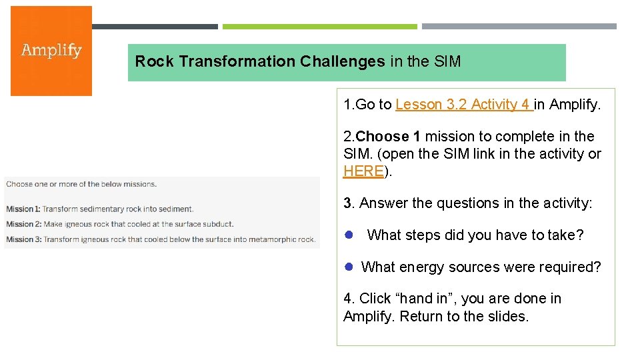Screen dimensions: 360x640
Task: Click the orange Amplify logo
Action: click(51, 51)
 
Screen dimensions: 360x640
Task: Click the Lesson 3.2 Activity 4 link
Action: click(463, 105)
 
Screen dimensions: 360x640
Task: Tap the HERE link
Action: click(363, 171)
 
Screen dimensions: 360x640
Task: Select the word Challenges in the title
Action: click(342, 62)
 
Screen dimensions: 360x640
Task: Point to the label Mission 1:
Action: click(23, 209)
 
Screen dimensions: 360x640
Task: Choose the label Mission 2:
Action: click(23, 224)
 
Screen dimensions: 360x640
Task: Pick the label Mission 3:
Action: click(23, 239)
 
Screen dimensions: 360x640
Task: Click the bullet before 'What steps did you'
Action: click(348, 235)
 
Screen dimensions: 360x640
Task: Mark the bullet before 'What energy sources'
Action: click(348, 267)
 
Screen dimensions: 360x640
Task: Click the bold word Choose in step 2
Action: click(383, 137)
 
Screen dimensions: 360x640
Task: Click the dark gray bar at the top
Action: click(155, 27)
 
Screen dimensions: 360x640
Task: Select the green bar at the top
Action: click(319, 27)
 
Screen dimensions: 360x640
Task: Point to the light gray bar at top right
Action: click(519, 27)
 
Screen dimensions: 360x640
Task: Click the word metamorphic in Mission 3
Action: click(272, 239)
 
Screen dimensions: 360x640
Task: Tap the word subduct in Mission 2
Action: click(219, 224)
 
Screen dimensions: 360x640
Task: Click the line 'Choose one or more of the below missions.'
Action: click(81, 184)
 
